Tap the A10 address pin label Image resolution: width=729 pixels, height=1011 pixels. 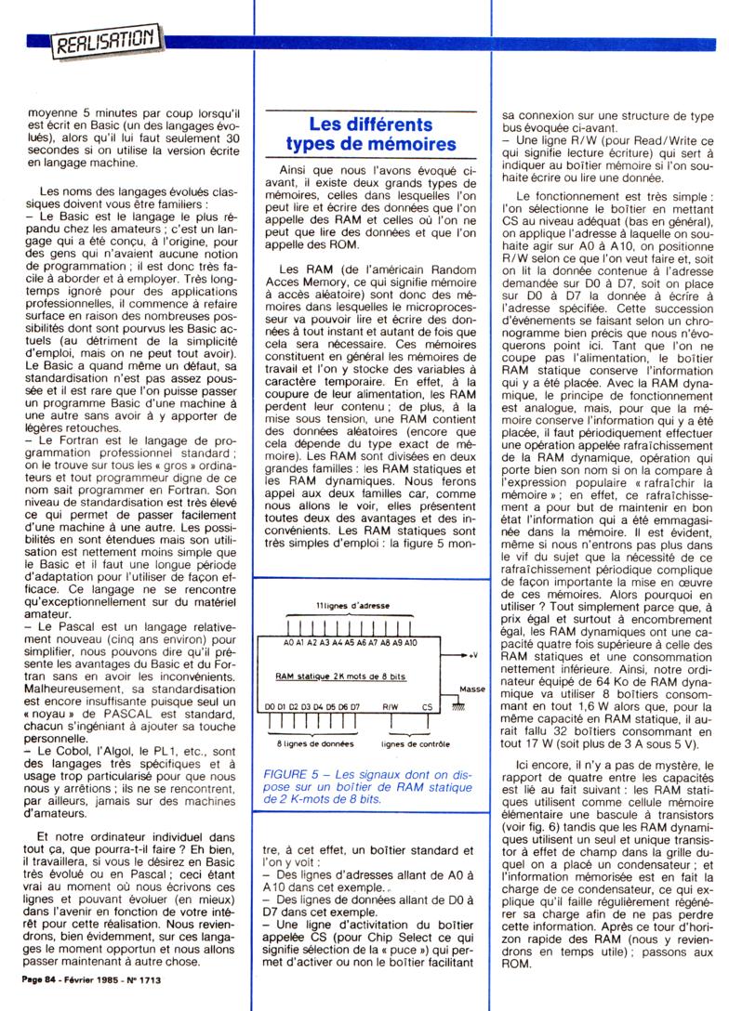click(410, 642)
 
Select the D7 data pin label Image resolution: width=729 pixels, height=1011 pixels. click(355, 707)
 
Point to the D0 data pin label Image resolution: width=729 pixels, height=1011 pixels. click(271, 707)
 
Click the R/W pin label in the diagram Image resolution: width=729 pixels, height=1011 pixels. click(391, 707)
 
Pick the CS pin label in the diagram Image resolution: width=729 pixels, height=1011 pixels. click(427, 707)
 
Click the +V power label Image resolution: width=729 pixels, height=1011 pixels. click(474, 653)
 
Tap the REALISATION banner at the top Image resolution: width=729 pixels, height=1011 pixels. click(108, 41)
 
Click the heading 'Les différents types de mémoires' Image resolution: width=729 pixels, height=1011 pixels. click(370, 134)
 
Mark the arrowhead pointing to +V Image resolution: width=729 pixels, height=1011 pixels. click(465, 654)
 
